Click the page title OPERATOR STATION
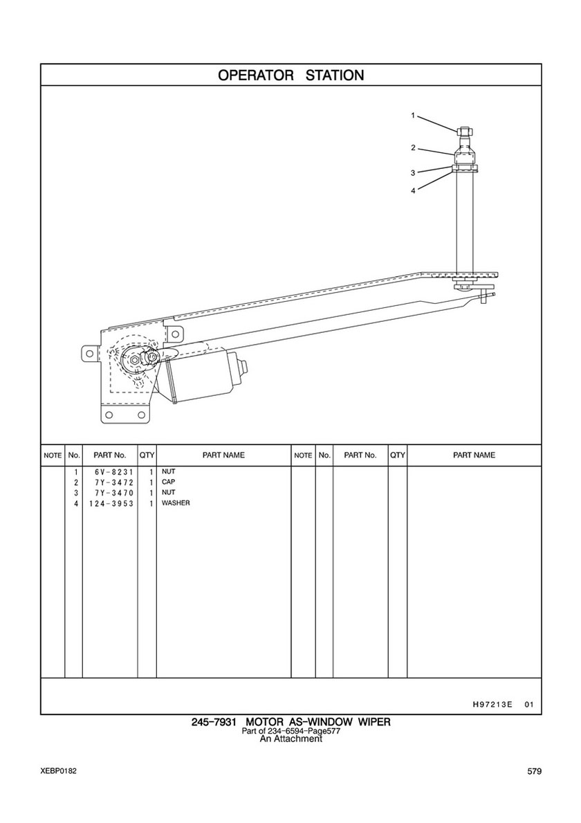291,75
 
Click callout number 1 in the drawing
413,116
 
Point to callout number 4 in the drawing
413,191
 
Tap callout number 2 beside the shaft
413,148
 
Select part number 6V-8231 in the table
111,472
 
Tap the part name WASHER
176,503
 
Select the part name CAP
169,482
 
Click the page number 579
535,771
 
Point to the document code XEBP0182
58,770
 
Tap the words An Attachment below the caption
291,739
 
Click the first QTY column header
147,455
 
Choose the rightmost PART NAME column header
474,455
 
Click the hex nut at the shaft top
465,132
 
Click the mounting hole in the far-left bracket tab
90,353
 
